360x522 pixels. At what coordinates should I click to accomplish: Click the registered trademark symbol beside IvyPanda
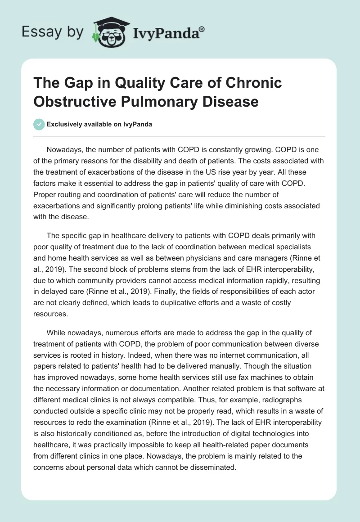202,29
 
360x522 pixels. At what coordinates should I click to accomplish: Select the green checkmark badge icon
39,124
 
